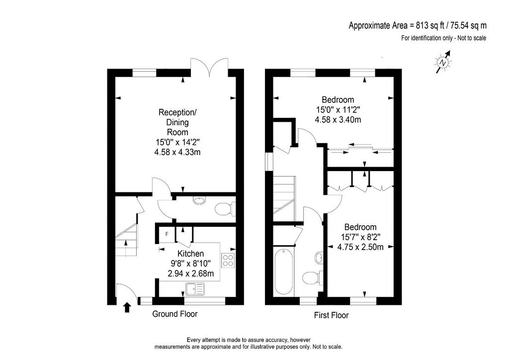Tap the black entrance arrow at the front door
tap(127, 307)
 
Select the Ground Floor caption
tap(175, 314)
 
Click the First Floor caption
tap(331, 315)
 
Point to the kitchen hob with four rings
tap(228, 261)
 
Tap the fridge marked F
tap(167, 234)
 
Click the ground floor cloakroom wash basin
tap(199, 200)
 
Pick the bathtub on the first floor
tap(284, 271)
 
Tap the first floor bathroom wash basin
tap(319, 258)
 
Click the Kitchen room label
tap(190, 254)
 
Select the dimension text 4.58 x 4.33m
tap(177, 152)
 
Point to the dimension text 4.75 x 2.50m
tap(360, 247)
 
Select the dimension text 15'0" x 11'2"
tap(338, 110)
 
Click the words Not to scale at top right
tap(472, 38)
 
